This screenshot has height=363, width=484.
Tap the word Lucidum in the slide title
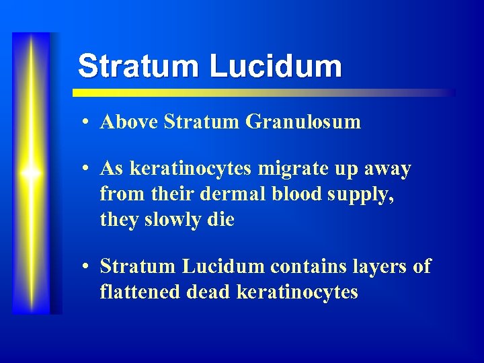pyautogui.click(x=276, y=67)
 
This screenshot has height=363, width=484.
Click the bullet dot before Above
pyautogui.click(x=87, y=122)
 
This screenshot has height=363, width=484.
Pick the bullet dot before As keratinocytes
pyautogui.click(x=87, y=169)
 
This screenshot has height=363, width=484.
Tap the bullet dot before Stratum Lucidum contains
pyautogui.click(x=87, y=267)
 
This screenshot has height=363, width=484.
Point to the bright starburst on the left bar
pyautogui.click(x=31, y=173)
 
